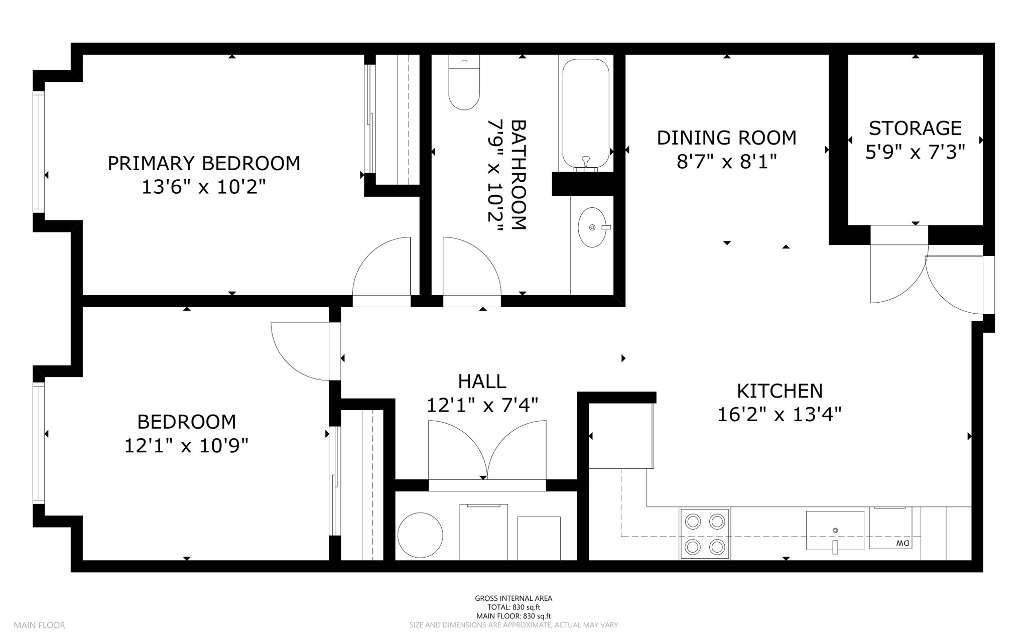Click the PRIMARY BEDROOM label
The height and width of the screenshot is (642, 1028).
click(204, 163)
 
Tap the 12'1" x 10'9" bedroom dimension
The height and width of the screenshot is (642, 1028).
click(186, 445)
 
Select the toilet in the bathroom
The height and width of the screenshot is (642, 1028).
click(464, 82)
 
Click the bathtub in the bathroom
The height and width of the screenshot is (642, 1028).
click(586, 113)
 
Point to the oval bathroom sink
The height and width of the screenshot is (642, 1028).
click(592, 227)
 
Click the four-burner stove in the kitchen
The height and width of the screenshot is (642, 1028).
click(705, 534)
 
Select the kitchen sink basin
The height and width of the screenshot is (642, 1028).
click(835, 531)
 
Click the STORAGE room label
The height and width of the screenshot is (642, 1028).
click(915, 128)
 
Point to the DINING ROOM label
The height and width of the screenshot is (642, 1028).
click(726, 138)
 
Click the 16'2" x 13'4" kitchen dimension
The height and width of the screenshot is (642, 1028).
click(779, 415)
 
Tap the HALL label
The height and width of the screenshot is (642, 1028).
click(482, 381)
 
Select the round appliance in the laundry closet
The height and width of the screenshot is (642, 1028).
click(420, 535)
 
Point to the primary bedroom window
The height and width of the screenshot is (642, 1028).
click(39, 152)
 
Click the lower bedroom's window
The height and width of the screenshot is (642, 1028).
click(39, 442)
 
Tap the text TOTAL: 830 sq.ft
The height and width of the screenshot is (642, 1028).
click(513, 607)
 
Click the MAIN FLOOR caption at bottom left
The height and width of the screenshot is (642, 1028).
click(39, 625)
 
